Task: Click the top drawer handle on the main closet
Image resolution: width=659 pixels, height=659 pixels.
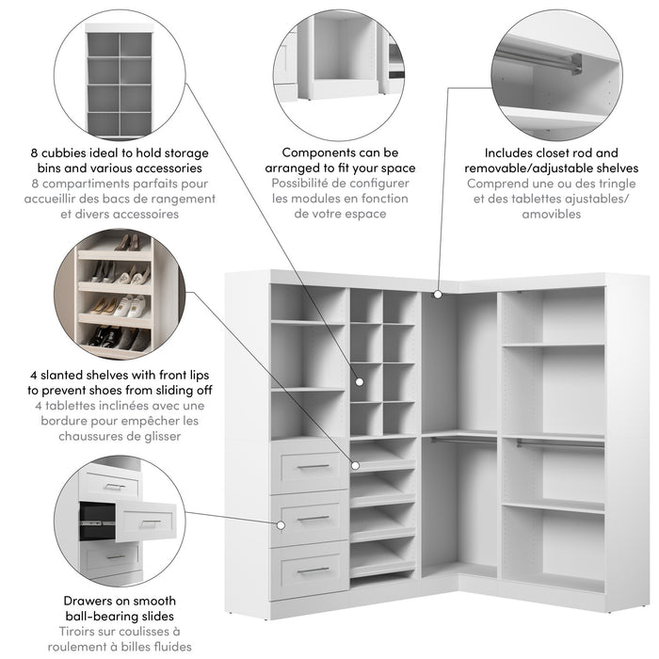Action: point(313,466)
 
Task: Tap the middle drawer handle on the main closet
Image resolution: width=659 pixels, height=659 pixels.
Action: point(313,518)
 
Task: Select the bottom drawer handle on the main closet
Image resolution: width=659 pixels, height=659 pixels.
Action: point(313,570)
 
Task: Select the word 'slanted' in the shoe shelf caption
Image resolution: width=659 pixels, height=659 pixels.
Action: point(53,373)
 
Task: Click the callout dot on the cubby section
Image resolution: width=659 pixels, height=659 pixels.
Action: point(359,381)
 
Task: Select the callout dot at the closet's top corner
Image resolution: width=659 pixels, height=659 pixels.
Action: point(438,295)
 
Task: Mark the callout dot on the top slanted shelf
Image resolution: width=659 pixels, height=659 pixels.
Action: point(356,464)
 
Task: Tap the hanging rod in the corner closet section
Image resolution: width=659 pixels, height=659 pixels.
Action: point(458,438)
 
